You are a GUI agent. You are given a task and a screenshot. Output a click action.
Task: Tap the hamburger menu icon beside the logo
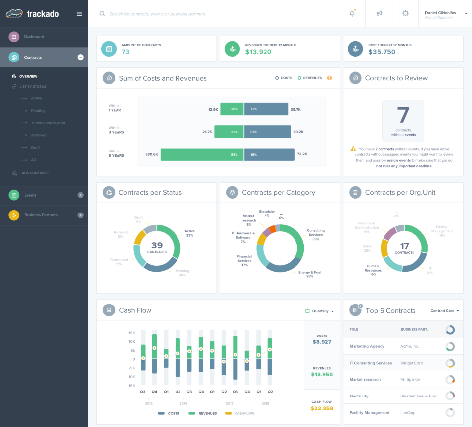pyautogui.click(x=79, y=14)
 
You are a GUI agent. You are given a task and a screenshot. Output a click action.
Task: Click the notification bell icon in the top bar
pyautogui.click(x=352, y=14)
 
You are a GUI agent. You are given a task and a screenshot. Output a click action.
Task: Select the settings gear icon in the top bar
pyautogui.click(x=405, y=14)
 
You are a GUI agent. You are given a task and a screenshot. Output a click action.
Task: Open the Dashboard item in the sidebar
pyautogui.click(x=34, y=37)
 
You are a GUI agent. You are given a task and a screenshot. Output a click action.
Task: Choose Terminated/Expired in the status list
pyautogui.click(x=48, y=123)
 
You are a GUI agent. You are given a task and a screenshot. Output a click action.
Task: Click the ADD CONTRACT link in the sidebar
pyautogui.click(x=35, y=173)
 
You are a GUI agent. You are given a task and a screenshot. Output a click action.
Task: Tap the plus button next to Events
pyautogui.click(x=81, y=195)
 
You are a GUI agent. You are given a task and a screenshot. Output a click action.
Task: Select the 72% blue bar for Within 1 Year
pyautogui.click(x=266, y=109)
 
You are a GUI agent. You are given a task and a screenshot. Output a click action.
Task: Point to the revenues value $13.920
pyautogui.click(x=258, y=52)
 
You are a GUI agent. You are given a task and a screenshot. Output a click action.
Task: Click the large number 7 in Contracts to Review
pyautogui.click(x=403, y=115)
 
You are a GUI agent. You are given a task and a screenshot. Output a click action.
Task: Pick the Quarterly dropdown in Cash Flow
pyautogui.click(x=320, y=311)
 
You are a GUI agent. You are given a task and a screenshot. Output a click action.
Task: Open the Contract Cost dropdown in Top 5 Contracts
pyautogui.click(x=444, y=311)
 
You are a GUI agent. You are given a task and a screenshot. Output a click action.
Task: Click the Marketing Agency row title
pyautogui.click(x=367, y=346)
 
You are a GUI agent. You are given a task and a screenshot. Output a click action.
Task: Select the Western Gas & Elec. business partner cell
pyautogui.click(x=419, y=396)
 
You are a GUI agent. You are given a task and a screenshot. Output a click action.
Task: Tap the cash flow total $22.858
pyautogui.click(x=322, y=408)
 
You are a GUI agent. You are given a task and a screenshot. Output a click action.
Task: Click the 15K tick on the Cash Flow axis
pyautogui.click(x=132, y=333)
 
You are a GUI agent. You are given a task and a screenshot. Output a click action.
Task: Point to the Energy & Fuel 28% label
pyautogui.click(x=310, y=274)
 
